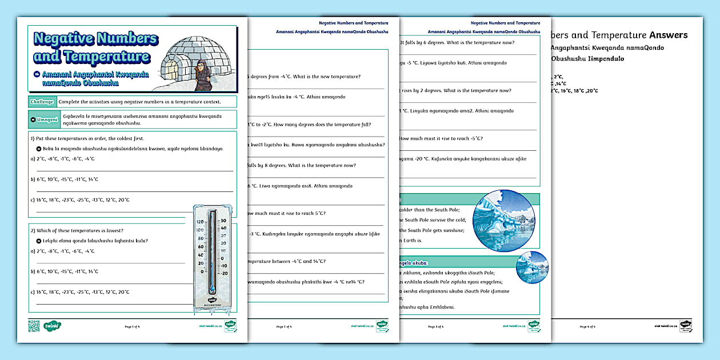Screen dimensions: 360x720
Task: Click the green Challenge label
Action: pyautogui.click(x=42, y=102)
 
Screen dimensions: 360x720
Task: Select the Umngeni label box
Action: pyautogui.click(x=42, y=119)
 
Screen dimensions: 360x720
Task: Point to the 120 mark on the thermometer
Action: pyautogui.click(x=200, y=221)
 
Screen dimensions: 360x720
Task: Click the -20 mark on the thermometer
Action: pyautogui.click(x=224, y=273)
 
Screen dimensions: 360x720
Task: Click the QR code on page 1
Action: pyautogui.click(x=34, y=326)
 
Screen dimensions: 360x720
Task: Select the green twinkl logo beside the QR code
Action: pyautogui.click(x=53, y=326)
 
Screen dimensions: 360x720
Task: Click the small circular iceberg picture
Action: pyautogui.click(x=532, y=267)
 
